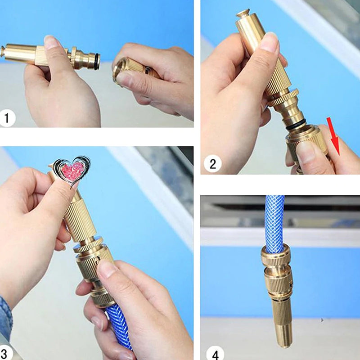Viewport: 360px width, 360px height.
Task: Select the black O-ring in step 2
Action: coord(297,126)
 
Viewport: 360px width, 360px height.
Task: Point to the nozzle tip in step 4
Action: coord(283,340)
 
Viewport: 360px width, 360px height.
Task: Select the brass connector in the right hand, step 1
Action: coord(130,67)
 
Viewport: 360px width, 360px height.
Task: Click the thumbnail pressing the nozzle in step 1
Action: coord(51,43)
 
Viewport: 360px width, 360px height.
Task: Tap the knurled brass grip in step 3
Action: coord(81,220)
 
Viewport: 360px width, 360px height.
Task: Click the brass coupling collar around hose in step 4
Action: coord(275,256)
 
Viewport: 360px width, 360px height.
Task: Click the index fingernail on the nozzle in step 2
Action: coord(269,43)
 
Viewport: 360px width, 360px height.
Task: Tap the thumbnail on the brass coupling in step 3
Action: coord(108,269)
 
